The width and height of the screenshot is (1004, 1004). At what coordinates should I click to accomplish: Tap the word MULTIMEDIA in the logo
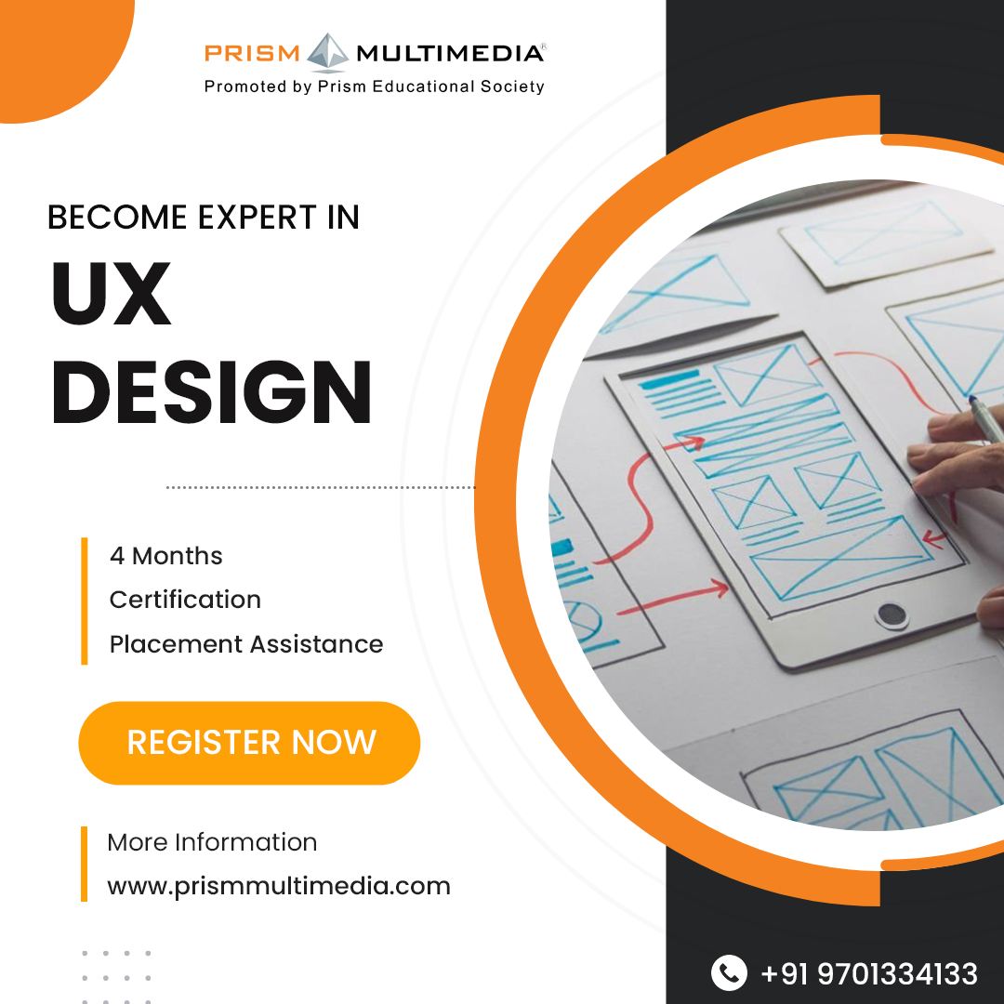point(450,53)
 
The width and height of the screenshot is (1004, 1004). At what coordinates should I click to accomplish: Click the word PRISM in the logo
point(252,53)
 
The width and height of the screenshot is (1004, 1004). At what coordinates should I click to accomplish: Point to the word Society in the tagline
point(510,86)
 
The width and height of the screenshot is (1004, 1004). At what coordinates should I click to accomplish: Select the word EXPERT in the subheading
point(252,218)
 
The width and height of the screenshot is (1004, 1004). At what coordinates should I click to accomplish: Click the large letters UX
point(112,296)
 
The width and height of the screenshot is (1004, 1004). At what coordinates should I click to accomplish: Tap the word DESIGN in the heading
point(211,393)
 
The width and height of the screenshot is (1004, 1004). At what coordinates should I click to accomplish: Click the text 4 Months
point(166,556)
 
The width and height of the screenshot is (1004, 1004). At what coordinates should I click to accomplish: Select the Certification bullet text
point(185,600)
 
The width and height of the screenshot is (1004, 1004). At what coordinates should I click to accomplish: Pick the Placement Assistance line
point(246,643)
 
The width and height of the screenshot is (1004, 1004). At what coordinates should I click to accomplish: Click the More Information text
point(212,842)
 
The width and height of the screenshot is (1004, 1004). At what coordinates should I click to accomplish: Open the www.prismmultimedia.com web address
point(279,886)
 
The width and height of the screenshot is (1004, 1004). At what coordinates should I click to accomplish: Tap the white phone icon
point(729,973)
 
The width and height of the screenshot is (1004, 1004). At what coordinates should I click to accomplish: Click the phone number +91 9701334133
point(869,973)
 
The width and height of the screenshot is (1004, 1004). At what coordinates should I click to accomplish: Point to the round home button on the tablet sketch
point(892,614)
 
